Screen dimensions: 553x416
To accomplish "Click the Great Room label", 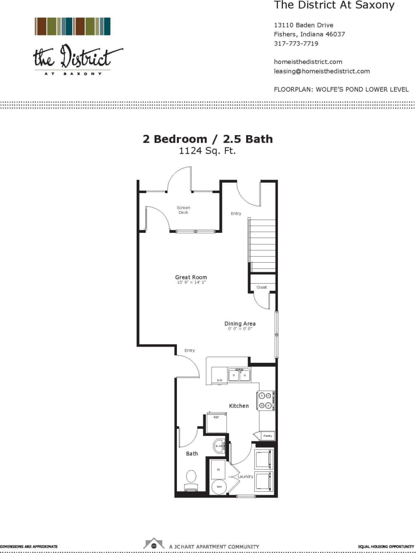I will point(191,277).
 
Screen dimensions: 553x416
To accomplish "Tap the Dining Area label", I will point(240,324).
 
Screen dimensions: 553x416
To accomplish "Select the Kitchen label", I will point(239,406).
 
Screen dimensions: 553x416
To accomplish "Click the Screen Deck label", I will point(184,210).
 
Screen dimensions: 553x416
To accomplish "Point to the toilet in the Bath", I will point(191,479).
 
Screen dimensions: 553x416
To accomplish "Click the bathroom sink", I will point(219,446).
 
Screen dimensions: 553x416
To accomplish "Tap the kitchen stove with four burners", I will point(265,401).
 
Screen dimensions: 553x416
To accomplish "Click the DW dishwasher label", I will point(220,380).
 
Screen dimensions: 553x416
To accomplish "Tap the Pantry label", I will point(268,435).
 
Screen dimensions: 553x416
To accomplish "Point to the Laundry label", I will point(245,476).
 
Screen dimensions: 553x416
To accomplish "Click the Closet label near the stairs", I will point(262,287).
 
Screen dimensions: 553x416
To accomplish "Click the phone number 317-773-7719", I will point(296,44).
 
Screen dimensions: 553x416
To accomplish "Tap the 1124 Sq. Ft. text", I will point(207,151).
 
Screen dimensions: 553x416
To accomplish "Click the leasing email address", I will point(322,71).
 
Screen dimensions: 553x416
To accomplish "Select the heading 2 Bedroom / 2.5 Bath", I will point(208,139).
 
